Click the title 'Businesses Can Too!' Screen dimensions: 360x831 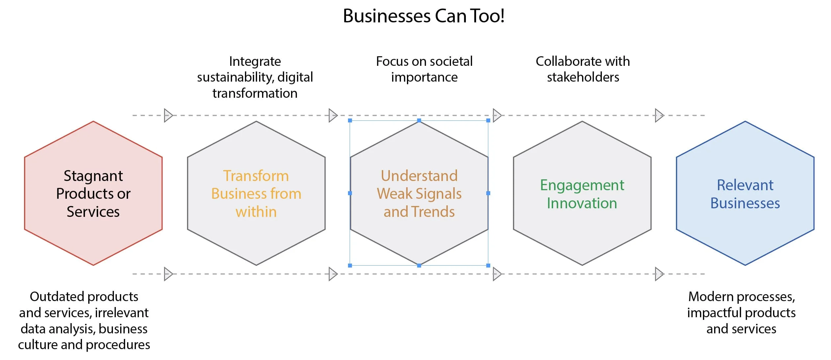tap(423, 16)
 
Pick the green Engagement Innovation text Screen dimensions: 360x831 tap(582, 194)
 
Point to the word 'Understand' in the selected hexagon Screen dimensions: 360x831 tap(419, 176)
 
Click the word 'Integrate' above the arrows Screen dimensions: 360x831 tap(255, 62)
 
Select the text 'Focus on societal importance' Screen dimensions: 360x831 tap(424, 69)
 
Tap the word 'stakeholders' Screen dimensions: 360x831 tap(583, 77)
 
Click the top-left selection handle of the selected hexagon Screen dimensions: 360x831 tap(350, 121)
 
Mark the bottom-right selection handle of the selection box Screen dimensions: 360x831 tap(488, 265)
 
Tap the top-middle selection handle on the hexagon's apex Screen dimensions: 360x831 tap(419, 121)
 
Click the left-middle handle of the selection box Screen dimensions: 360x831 tap(350, 193)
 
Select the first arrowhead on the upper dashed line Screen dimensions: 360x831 tap(168, 116)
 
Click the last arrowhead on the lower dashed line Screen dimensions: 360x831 tap(659, 274)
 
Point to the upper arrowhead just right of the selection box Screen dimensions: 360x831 tap(497, 116)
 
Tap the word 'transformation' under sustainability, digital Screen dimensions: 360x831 tap(255, 93)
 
